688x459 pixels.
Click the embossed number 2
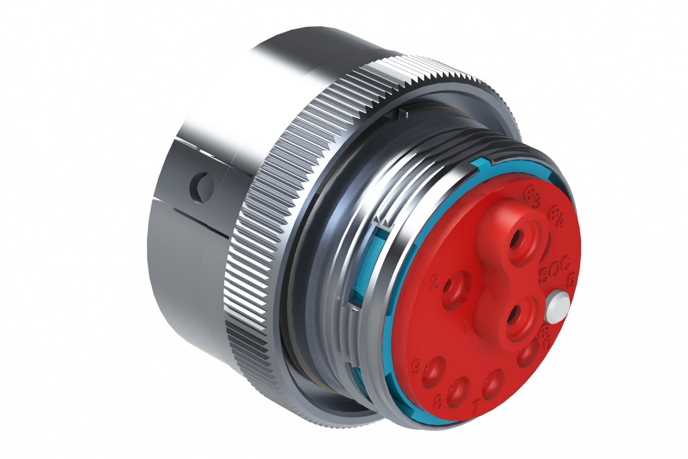(434, 283)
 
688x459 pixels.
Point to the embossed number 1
(464, 326)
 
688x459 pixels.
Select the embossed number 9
(417, 366)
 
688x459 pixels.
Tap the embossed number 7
(477, 406)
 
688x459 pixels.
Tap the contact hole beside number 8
(458, 392)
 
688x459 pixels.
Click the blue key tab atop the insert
(483, 164)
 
